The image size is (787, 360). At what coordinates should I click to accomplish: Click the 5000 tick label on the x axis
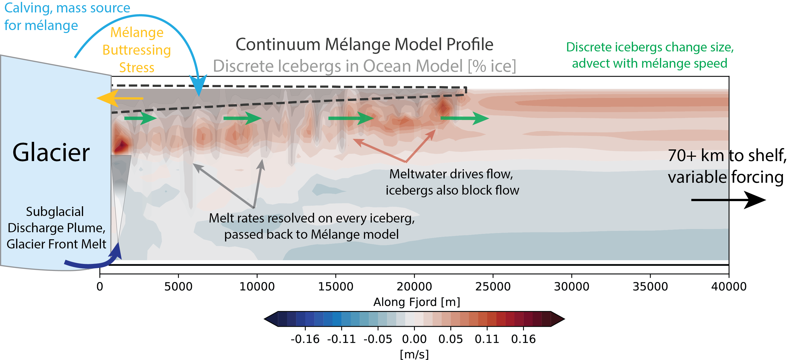[x=178, y=287]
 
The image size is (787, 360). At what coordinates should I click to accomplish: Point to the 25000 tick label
[x=493, y=287]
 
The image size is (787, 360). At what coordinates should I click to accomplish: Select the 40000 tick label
[x=729, y=287]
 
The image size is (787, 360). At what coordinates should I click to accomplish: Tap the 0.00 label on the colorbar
[x=414, y=339]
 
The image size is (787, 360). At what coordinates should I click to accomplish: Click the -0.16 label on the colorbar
[x=305, y=339]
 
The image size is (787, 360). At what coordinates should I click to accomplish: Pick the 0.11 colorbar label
[x=487, y=339]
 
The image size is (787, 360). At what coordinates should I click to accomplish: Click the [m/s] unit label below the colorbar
[x=414, y=355]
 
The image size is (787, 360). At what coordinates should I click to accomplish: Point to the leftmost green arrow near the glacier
[x=140, y=118]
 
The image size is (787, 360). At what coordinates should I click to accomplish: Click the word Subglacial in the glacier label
[x=55, y=212]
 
